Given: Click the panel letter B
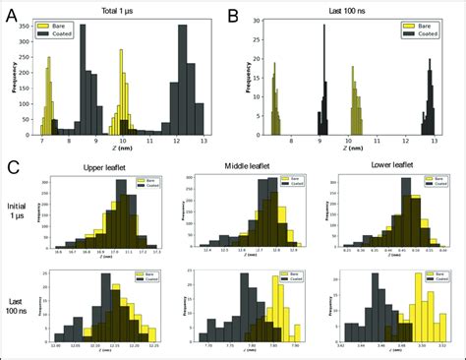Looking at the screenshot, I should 233,17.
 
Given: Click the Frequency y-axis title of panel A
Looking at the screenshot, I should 16,79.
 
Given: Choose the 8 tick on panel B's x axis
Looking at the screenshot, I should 291,142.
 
